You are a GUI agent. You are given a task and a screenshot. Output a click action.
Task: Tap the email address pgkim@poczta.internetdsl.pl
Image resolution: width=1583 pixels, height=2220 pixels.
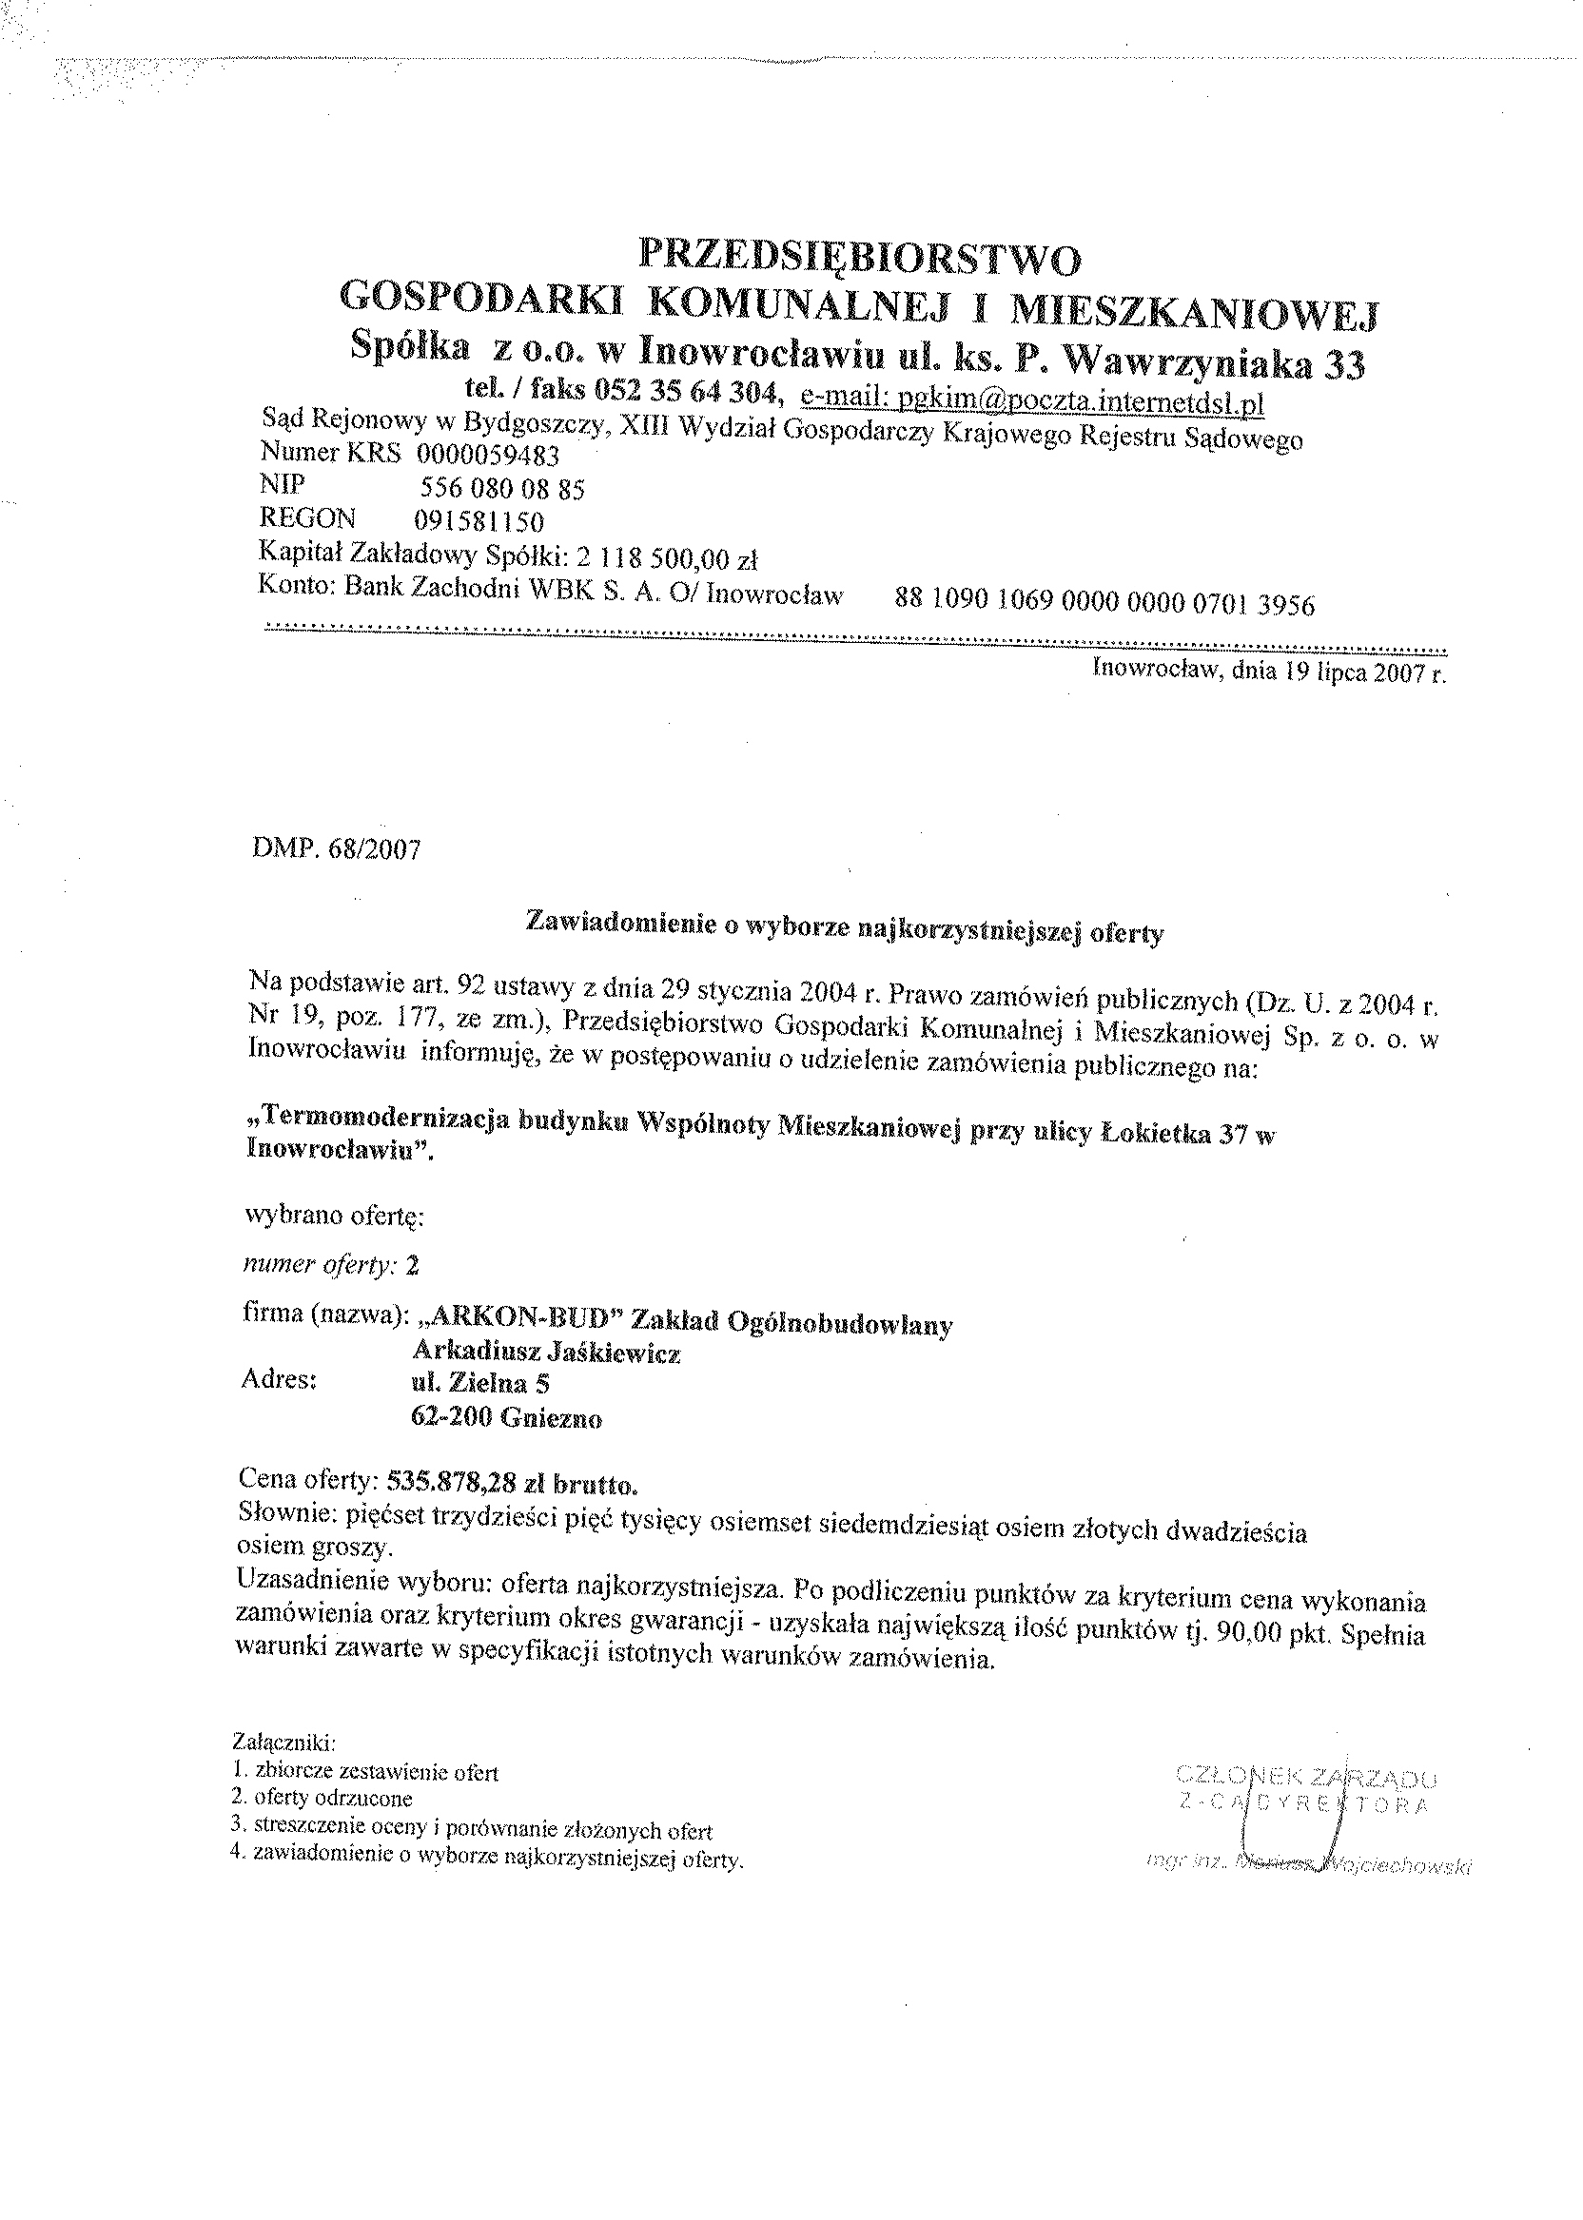(1031, 401)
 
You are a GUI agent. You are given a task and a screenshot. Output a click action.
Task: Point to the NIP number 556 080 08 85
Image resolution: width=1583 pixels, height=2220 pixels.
(502, 489)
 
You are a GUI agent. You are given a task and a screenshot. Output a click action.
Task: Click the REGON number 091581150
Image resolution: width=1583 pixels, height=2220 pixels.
(479, 521)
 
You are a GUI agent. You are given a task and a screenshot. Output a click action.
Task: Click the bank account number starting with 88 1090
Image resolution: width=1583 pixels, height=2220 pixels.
(1104, 603)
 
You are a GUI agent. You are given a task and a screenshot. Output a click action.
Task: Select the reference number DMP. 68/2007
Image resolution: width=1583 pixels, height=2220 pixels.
(336, 848)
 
